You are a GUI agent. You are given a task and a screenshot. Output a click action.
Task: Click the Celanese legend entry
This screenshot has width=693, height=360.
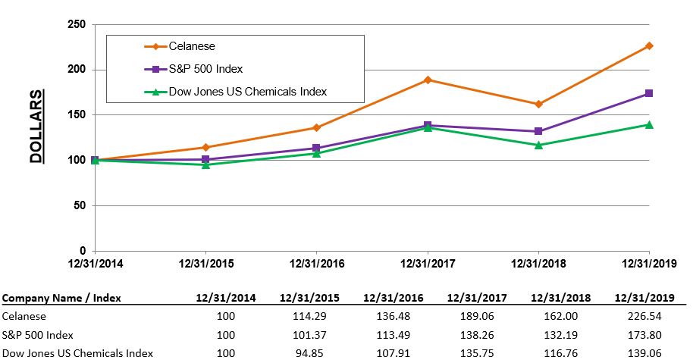click(x=193, y=46)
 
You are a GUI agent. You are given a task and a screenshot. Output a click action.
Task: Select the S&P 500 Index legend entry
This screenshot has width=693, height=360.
click(x=205, y=69)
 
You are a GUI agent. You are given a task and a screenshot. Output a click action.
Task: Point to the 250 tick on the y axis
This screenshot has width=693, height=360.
click(x=77, y=24)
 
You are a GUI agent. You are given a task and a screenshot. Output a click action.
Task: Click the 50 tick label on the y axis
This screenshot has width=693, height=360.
click(x=80, y=205)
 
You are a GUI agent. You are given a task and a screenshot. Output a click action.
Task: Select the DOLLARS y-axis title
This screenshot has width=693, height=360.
click(x=36, y=126)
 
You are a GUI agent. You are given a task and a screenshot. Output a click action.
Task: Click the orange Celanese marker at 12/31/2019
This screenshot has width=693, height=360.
click(x=649, y=45)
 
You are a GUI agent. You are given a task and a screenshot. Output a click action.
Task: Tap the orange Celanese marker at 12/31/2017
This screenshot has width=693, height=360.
click(x=428, y=80)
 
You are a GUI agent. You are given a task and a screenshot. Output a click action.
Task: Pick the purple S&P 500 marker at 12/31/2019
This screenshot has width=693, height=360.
click(x=649, y=93)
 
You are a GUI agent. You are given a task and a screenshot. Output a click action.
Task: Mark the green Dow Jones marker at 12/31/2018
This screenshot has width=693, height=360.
click(x=538, y=145)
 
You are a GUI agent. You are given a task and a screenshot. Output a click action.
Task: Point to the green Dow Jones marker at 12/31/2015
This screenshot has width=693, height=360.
click(x=205, y=164)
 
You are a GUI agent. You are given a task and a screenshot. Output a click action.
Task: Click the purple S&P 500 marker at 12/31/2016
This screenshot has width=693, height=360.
click(x=316, y=148)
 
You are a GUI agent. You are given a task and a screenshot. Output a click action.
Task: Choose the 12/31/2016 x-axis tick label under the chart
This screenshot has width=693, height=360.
click(x=316, y=265)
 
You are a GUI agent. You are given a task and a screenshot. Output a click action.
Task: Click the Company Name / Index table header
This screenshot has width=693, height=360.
click(x=62, y=298)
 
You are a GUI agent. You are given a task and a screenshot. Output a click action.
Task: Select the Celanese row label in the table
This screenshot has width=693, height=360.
click(x=24, y=316)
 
